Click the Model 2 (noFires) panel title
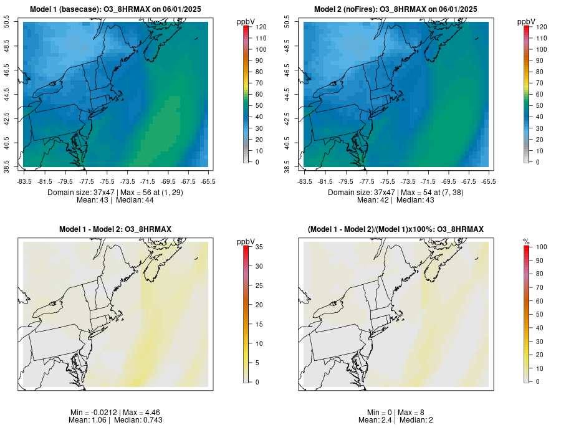click(x=396, y=9)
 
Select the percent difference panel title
click(x=396, y=229)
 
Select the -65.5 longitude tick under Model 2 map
click(x=489, y=182)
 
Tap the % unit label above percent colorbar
click(x=526, y=241)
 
